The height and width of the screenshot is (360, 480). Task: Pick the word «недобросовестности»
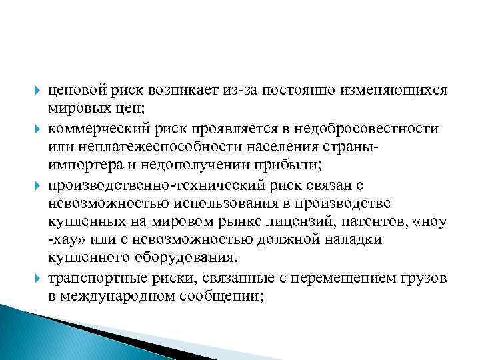click(374, 127)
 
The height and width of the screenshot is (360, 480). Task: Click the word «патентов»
click(367, 220)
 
